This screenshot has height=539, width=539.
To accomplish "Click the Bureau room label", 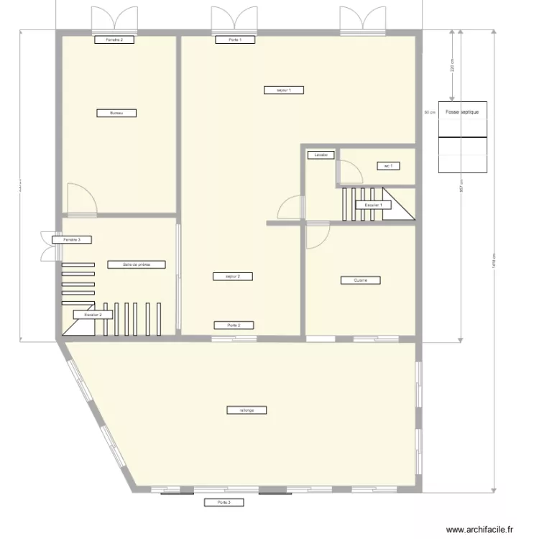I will click(x=116, y=113).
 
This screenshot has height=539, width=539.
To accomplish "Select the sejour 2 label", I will click(x=233, y=276).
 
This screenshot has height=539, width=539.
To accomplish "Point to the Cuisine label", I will click(x=360, y=280).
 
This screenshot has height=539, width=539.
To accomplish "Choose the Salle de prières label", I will click(x=137, y=264).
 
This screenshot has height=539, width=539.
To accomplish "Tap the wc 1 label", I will click(x=388, y=166).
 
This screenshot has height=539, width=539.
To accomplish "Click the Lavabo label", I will click(x=321, y=155).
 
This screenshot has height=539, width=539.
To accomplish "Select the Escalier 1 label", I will click(x=373, y=205).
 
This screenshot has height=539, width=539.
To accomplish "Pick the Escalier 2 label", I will click(x=93, y=314).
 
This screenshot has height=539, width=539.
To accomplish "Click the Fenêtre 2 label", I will click(x=114, y=40).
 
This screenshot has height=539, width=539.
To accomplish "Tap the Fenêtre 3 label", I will click(x=71, y=239).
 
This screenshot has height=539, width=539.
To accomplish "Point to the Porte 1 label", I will click(x=234, y=40).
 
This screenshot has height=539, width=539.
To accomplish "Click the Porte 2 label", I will click(x=234, y=325).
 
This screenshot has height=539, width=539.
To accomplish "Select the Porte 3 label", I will click(x=224, y=502).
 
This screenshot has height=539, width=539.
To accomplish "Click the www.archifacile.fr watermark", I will click(x=482, y=530).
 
